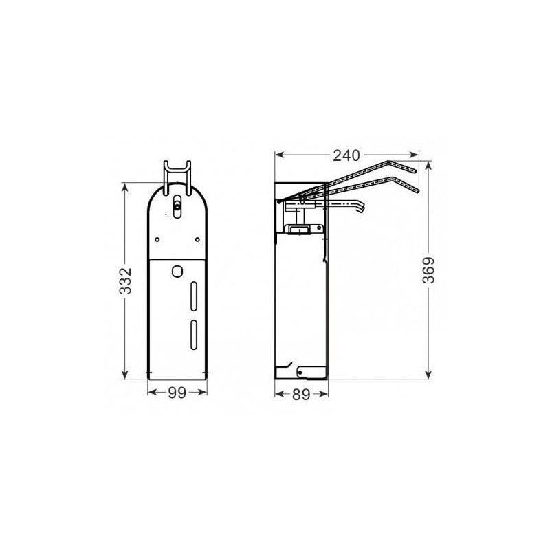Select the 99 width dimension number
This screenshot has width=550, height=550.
click(178, 393)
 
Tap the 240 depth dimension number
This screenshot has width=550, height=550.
click(347, 155)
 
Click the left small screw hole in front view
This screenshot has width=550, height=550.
click(157, 239)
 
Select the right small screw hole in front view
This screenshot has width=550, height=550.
click(198, 239)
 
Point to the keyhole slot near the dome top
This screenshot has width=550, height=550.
click(177, 206)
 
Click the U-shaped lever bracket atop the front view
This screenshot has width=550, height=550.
click(177, 172)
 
